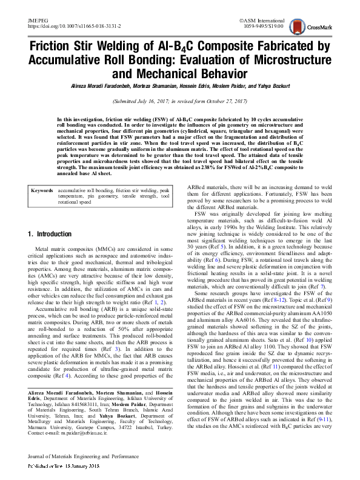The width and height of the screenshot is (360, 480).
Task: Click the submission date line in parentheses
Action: coord(180,102)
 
